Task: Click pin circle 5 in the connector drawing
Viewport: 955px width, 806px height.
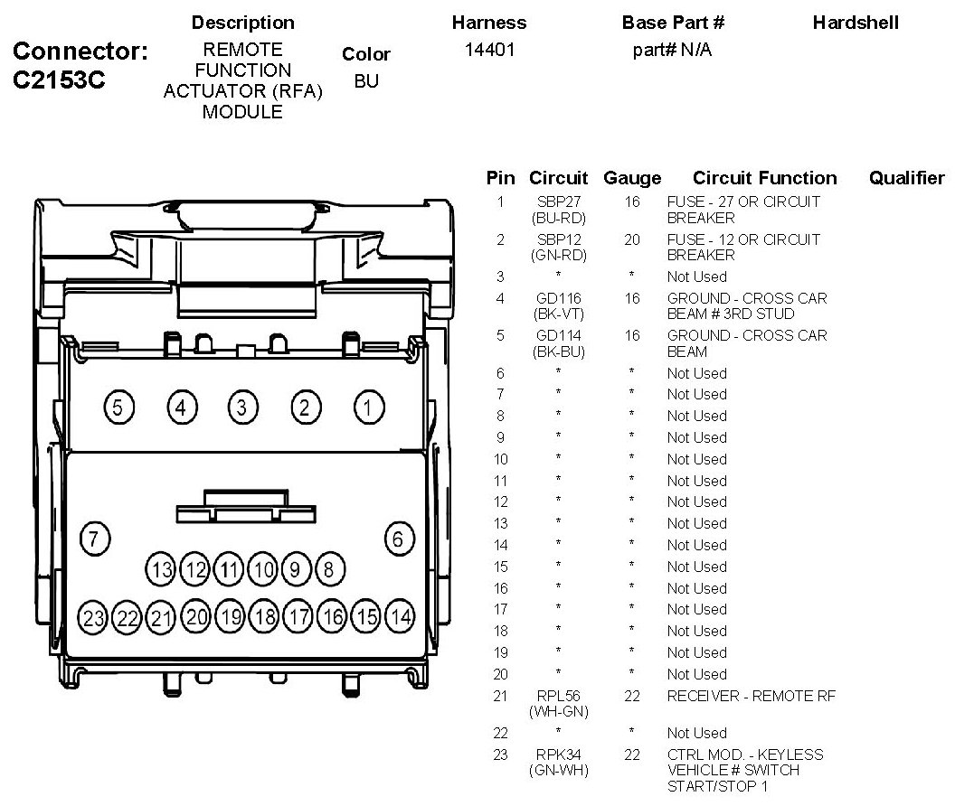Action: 118,408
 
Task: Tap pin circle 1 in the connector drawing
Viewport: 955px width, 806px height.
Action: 367,408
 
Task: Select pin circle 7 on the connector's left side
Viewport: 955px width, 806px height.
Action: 93,539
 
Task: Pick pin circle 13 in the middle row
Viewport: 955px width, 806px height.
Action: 162,569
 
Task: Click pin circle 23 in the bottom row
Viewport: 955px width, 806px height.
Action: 93,618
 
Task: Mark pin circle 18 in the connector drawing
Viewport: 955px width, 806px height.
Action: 264,618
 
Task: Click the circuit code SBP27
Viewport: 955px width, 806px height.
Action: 558,201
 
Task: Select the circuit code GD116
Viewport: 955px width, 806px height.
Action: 558,298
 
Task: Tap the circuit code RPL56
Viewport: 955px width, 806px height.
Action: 558,696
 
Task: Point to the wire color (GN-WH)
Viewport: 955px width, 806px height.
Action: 558,771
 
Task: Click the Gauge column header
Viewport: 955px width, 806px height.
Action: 632,178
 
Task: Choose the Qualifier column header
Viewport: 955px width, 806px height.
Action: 906,178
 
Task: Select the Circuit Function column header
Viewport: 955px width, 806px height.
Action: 764,178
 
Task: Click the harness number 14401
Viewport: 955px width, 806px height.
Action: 489,51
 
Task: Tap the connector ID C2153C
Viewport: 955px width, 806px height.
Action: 60,80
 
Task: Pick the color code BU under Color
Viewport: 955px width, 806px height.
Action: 366,81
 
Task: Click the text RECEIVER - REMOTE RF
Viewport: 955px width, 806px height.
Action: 751,696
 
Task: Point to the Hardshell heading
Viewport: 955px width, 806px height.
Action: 856,23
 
